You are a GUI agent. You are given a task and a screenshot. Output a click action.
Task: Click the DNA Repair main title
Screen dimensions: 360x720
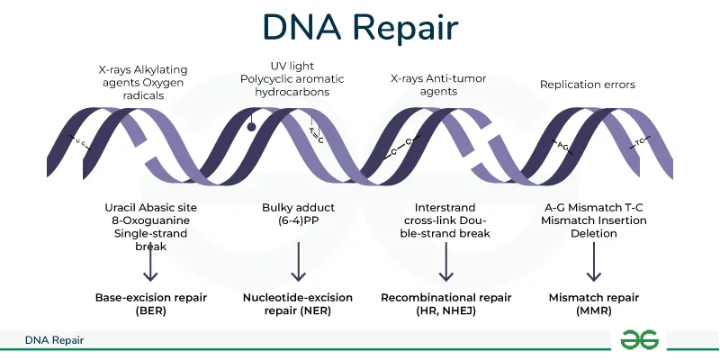coord(360,28)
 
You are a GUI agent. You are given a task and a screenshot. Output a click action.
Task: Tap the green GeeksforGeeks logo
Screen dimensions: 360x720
coord(640,339)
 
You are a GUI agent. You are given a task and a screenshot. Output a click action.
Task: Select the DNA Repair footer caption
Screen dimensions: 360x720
coord(55,341)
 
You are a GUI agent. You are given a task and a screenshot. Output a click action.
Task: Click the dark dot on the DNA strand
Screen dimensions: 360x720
coord(253,127)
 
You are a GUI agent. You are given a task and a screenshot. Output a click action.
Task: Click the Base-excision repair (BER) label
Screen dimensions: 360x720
coord(150,304)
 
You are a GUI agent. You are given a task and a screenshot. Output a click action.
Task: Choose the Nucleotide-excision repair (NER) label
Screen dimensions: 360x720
coord(298,304)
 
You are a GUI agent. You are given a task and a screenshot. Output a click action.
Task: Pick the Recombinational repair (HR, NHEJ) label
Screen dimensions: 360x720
coord(445,304)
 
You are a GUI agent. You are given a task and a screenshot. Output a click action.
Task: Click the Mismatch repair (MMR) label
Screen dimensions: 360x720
coord(593,304)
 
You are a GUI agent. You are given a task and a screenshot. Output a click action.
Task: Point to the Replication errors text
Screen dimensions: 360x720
coord(587,85)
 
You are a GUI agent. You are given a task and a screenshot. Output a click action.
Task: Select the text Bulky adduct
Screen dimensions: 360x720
coord(297,207)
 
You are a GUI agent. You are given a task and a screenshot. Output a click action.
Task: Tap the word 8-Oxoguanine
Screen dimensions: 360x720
coord(150,220)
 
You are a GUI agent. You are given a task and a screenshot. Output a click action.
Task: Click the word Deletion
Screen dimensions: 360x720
coord(593,233)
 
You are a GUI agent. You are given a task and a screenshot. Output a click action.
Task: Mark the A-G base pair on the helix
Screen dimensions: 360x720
coord(562,144)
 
